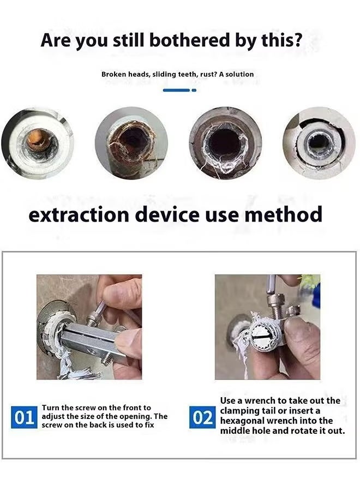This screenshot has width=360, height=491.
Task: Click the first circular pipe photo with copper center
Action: click(x=37, y=143)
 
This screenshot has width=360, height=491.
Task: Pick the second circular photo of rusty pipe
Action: click(x=131, y=143)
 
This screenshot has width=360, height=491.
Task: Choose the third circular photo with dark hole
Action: click(x=225, y=143)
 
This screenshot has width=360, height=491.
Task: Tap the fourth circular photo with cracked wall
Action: click(x=319, y=143)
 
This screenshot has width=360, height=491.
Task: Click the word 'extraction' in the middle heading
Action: click(x=80, y=214)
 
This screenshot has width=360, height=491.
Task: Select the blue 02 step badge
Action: click(x=202, y=418)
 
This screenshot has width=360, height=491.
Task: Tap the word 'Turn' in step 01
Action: click(x=51, y=408)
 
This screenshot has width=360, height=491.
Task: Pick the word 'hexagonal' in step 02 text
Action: click(x=245, y=421)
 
